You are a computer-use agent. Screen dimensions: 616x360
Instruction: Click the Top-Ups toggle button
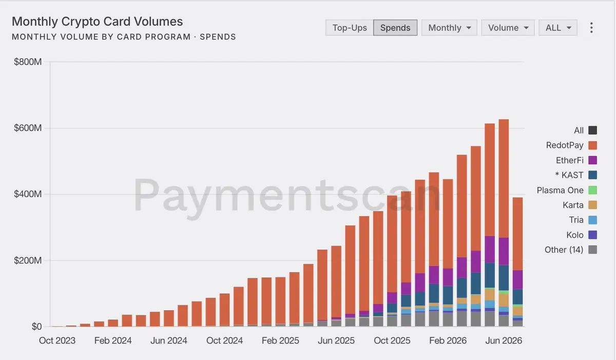(x=350, y=28)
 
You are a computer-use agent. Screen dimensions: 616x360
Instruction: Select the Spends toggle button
(x=395, y=28)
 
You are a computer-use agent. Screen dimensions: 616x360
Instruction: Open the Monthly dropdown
(x=449, y=28)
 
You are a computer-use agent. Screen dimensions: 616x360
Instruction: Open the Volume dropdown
(x=508, y=28)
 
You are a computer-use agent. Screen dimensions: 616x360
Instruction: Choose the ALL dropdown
(x=558, y=28)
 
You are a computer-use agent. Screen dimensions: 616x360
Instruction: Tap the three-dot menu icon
(x=591, y=28)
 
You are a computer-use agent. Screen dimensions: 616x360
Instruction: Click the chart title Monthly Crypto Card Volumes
(x=98, y=22)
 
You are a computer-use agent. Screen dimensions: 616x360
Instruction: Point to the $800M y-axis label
(x=28, y=62)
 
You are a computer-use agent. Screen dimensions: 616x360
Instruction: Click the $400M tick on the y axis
(x=28, y=194)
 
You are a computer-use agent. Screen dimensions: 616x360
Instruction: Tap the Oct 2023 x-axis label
(x=57, y=340)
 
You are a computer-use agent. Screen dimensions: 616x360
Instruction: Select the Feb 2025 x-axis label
(x=280, y=340)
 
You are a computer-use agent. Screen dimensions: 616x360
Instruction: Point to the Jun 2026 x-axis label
(x=504, y=340)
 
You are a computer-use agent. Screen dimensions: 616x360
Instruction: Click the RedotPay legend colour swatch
(x=592, y=145)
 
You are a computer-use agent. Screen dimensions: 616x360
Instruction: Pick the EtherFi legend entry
(x=576, y=160)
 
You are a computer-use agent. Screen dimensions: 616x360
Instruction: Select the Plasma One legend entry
(x=567, y=190)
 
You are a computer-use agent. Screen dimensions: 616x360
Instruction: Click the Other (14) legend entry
(x=571, y=250)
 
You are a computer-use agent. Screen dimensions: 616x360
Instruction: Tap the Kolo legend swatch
(x=592, y=235)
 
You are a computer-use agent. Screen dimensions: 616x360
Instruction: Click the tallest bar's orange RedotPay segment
(x=504, y=179)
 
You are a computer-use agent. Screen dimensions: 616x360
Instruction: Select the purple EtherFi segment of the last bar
(x=518, y=280)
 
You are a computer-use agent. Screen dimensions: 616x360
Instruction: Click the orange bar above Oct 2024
(x=225, y=310)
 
